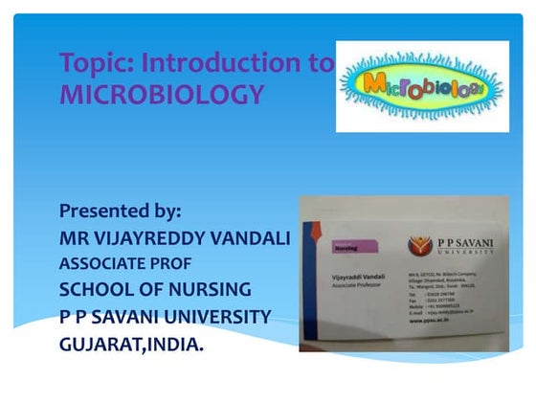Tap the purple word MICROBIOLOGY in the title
(161, 94)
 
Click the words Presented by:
(120, 210)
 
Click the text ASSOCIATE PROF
(125, 262)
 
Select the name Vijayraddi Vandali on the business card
(357, 276)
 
